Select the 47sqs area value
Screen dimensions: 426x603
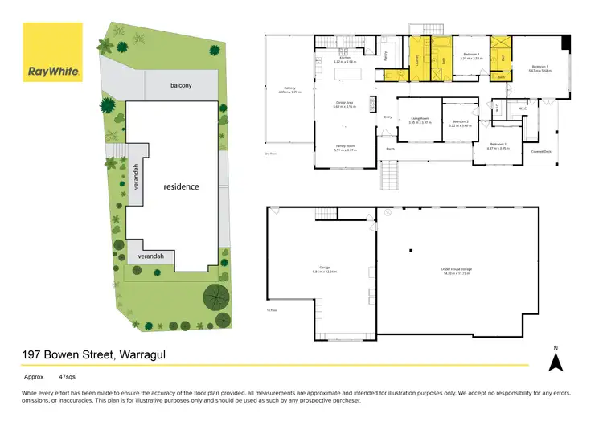(68, 375)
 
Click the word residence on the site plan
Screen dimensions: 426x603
(181, 186)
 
